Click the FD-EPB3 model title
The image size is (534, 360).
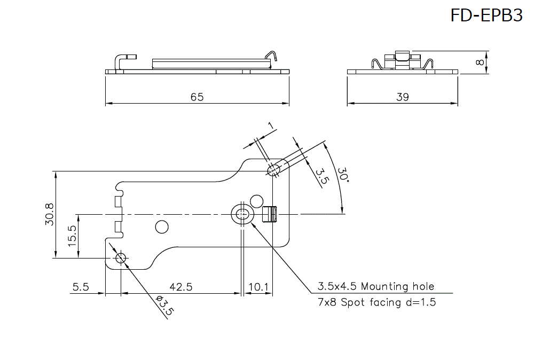point(486,15)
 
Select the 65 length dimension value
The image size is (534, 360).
point(197,97)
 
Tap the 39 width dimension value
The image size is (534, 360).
point(403,97)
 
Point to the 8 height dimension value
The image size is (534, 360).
point(479,62)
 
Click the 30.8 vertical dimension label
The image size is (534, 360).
point(50,214)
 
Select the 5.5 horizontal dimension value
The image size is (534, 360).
point(80,287)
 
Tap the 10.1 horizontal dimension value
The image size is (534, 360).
point(258,287)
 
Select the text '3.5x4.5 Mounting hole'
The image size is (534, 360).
point(376,286)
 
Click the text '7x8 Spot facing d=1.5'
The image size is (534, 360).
point(376,302)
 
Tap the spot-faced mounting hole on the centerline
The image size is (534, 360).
point(242,215)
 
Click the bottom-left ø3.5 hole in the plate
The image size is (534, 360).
point(121,259)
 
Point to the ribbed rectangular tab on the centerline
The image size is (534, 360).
point(271,214)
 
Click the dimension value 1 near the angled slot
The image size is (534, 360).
point(271,126)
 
